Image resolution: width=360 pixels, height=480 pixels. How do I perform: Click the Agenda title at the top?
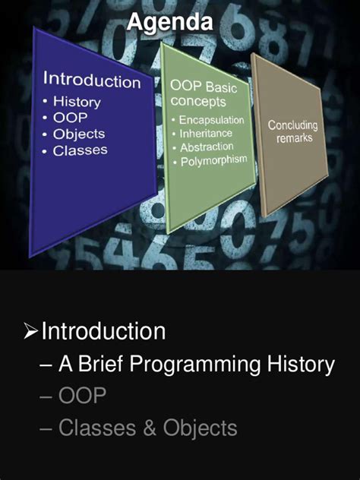tap(169, 24)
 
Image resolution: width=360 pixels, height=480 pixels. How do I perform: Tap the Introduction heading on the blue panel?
tap(91, 80)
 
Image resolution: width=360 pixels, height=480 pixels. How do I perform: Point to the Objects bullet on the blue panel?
tap(78, 134)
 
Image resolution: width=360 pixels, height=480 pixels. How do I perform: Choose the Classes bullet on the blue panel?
tap(80, 150)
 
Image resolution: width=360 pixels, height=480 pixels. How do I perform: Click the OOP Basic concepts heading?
tap(204, 94)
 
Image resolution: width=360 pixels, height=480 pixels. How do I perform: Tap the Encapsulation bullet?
tap(211, 121)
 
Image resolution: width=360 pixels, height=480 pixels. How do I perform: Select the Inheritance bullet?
tap(207, 134)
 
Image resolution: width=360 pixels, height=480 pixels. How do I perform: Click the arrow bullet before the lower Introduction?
tap(30, 332)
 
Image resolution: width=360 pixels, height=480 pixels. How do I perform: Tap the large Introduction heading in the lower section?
tap(103, 332)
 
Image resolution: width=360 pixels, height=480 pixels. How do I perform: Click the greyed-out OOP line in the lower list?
tap(82, 396)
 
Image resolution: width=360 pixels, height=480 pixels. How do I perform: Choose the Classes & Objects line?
tap(147, 428)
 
